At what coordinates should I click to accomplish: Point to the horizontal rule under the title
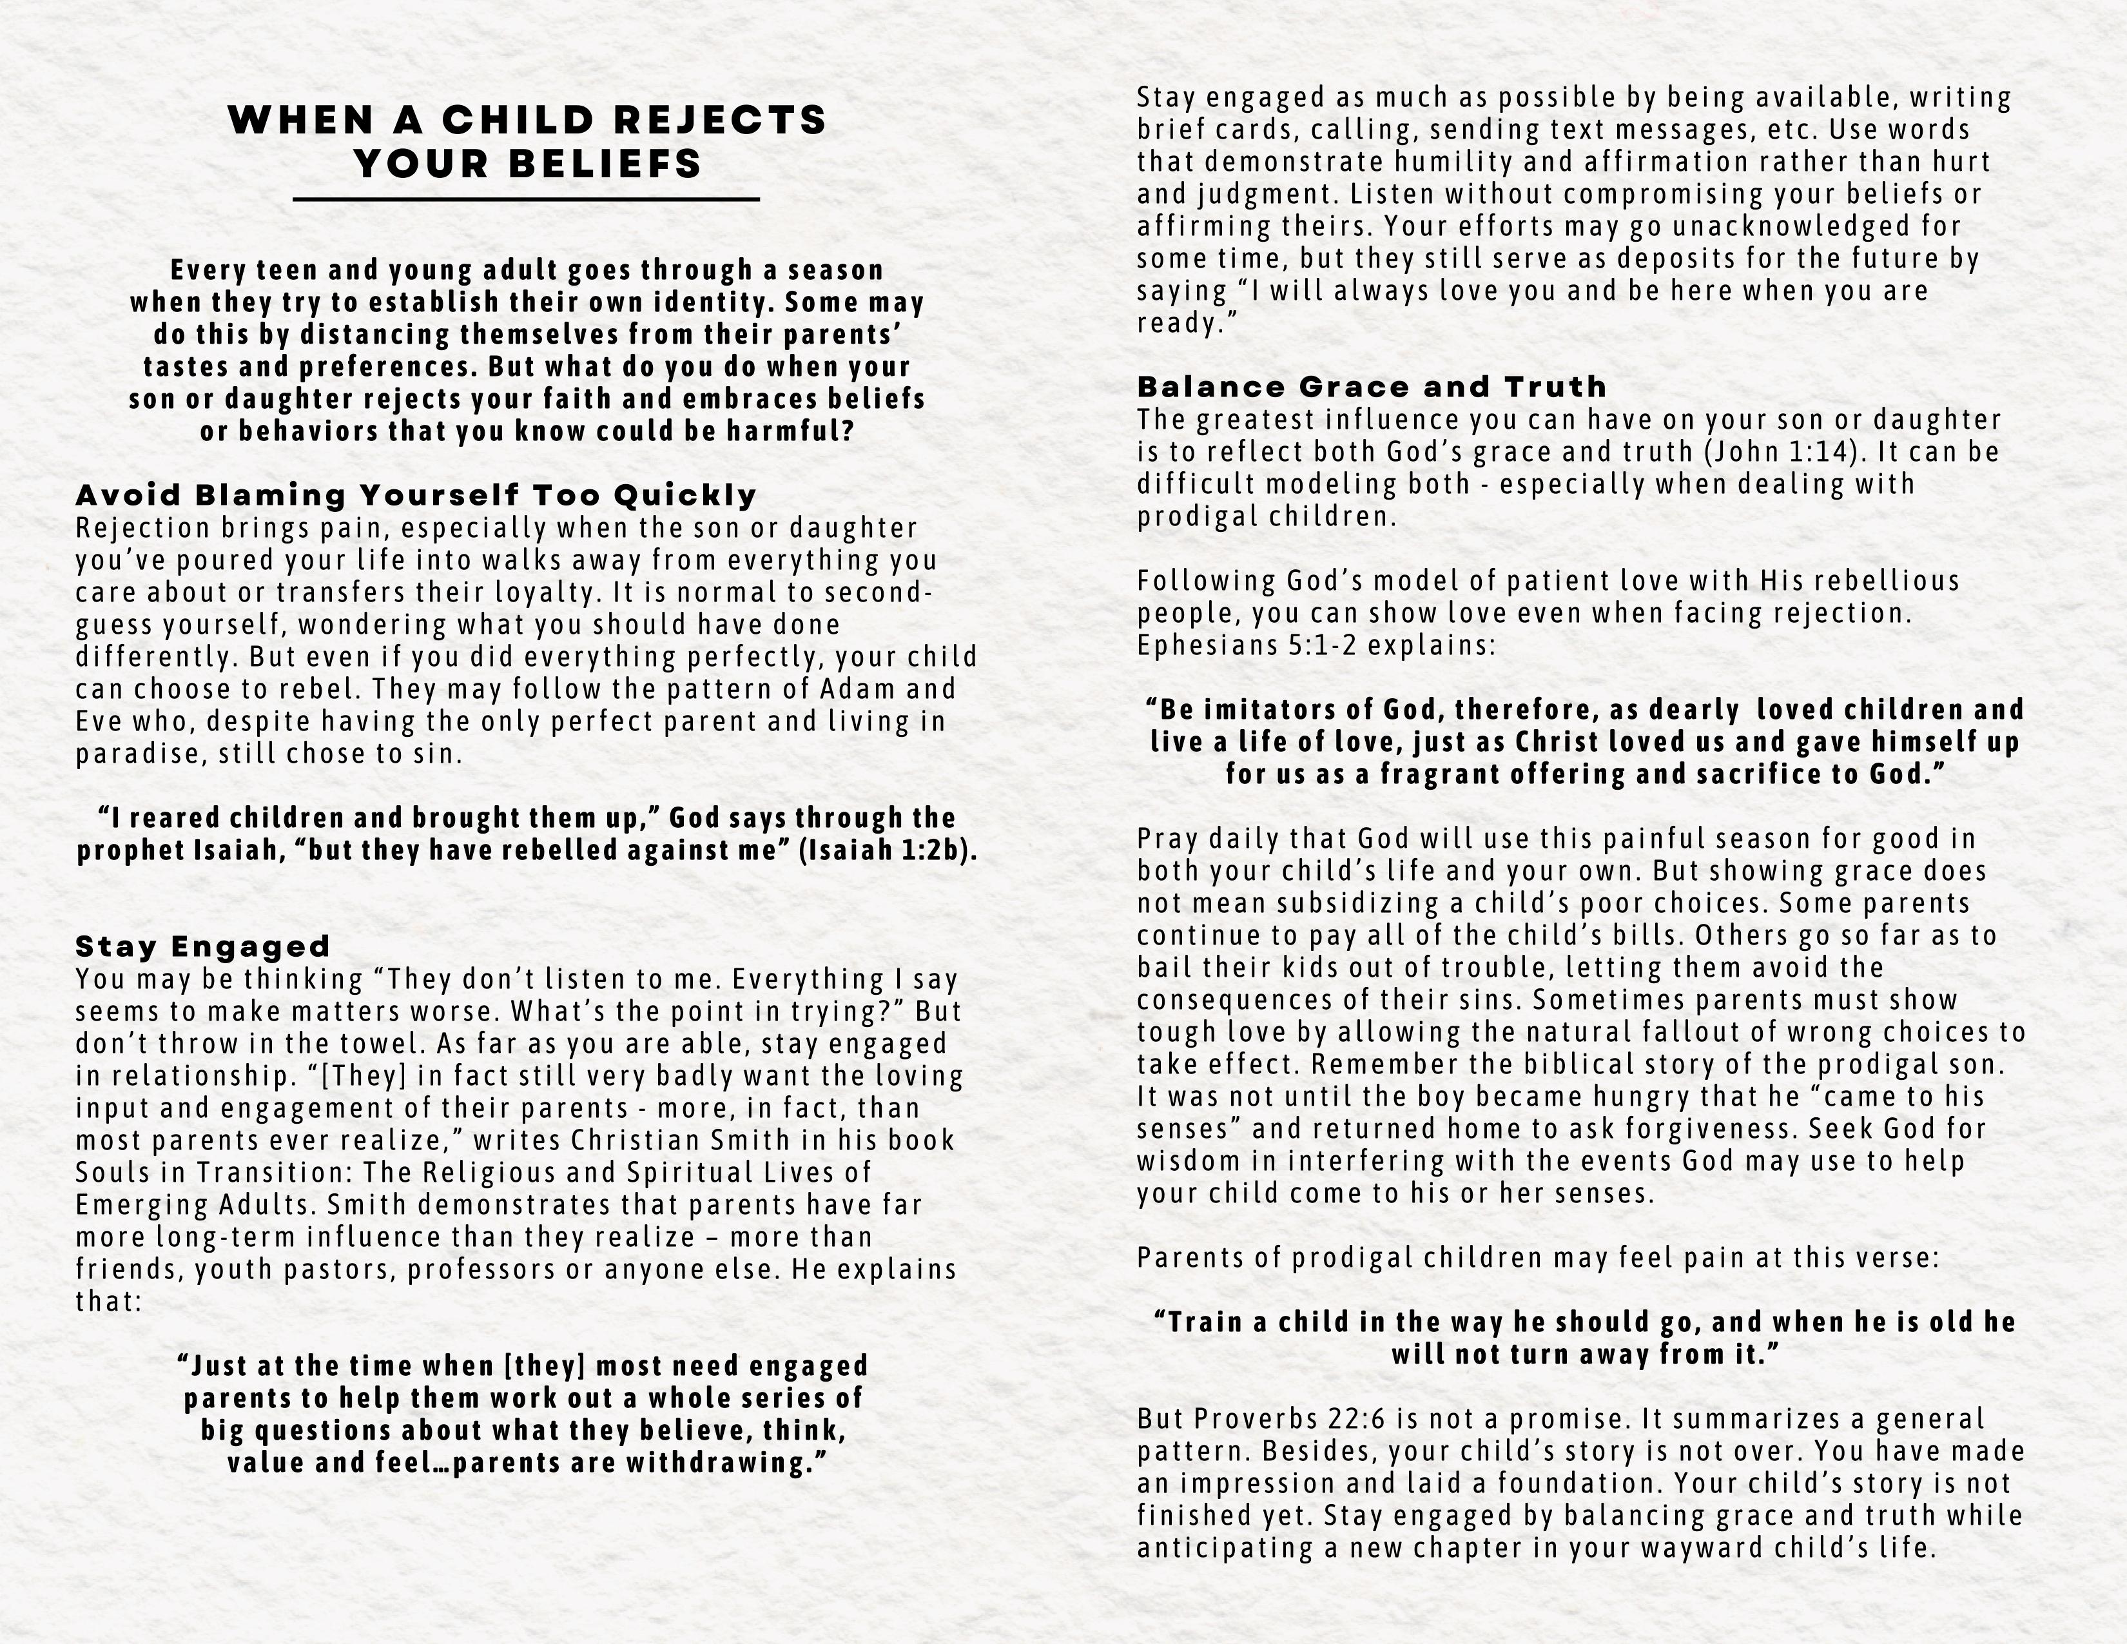point(526,200)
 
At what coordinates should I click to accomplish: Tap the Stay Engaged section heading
point(202,946)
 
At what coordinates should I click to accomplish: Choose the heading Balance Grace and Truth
point(1371,387)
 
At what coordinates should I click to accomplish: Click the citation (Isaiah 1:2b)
point(886,850)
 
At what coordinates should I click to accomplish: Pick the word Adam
point(858,689)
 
